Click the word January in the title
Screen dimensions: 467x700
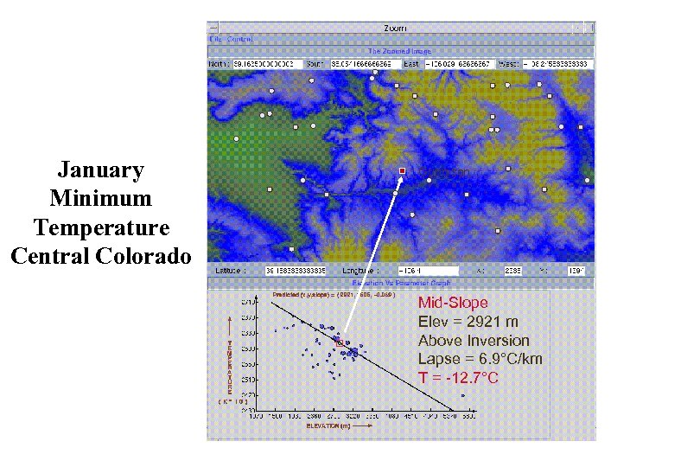point(100,170)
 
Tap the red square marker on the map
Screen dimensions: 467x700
point(402,171)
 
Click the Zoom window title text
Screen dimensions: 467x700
point(399,28)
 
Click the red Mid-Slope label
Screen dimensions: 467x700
point(453,303)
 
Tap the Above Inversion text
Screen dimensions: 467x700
point(474,341)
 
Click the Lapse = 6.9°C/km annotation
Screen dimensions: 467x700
point(480,359)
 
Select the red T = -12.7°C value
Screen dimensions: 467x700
point(458,378)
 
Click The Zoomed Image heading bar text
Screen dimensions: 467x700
point(399,51)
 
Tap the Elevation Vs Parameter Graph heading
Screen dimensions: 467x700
point(399,283)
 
